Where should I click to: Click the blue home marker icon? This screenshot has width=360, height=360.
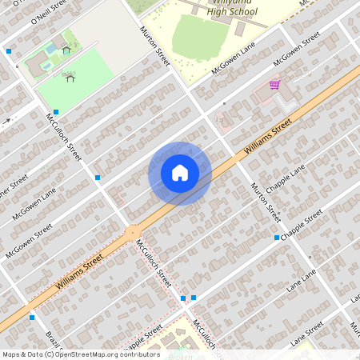[180, 172]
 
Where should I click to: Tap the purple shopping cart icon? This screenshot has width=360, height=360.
[274, 84]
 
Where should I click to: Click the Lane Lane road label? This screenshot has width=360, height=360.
[299, 284]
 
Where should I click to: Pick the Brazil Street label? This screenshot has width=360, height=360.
[52, 339]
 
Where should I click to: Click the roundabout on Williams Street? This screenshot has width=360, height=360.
[133, 233]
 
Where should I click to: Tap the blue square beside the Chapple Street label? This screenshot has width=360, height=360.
[276, 238]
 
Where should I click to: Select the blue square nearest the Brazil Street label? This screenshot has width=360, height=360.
[32, 318]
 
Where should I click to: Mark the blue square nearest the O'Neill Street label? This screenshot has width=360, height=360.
[9, 50]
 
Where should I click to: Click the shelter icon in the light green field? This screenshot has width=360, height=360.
[70, 78]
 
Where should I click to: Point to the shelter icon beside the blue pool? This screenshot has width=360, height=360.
[66, 50]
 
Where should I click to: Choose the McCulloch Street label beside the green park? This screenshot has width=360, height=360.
[64, 135]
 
